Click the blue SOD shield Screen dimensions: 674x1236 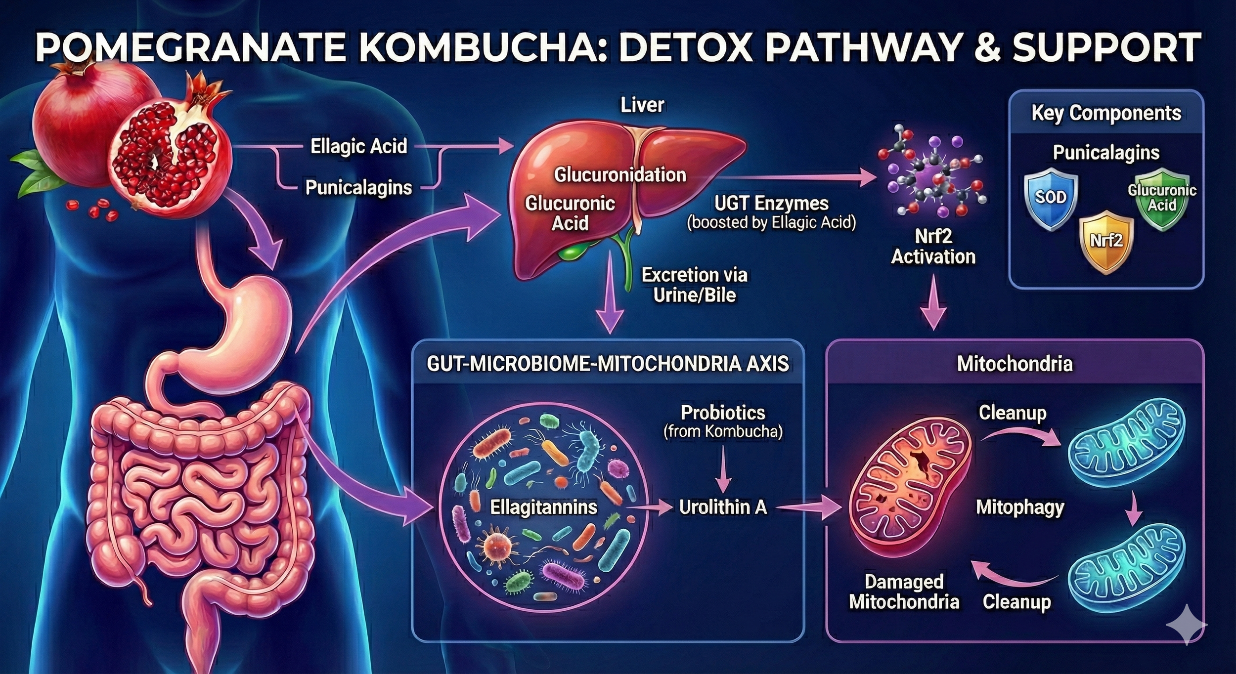pos(1051,199)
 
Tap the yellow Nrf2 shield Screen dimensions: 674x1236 pos(1106,241)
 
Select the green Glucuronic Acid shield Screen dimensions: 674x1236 pos(1162,199)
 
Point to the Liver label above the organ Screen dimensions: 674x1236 pos(642,105)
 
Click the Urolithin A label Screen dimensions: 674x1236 pos(723,507)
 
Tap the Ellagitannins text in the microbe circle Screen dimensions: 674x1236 pos(543,507)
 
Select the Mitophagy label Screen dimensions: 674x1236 pos(1019,507)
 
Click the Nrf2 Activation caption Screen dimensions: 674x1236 pos(933,247)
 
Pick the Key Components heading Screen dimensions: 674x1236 pos(1106,113)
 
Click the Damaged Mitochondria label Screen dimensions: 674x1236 pos(904,591)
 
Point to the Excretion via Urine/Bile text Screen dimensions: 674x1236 pos(694,285)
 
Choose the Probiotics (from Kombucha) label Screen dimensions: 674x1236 pos(723,421)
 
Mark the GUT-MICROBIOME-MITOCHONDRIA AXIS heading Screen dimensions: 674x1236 pos(608,364)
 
